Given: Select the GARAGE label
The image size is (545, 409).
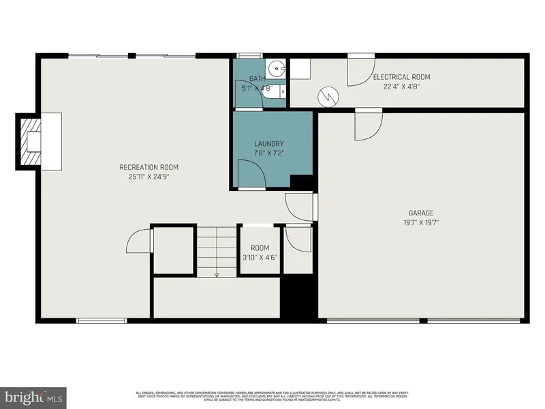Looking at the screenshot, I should [422, 213].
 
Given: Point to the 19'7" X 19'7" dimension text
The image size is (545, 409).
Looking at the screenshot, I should [422, 222].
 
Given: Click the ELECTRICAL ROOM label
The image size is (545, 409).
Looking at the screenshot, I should [401, 78].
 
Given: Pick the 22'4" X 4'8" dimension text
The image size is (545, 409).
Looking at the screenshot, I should [401, 87].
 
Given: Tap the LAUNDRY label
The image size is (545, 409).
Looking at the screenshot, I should [268, 144].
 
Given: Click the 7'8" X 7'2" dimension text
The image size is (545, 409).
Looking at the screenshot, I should [268, 153].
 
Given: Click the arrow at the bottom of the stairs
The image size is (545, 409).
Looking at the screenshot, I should [217, 274].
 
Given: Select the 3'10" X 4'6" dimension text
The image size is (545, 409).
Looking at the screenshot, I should [260, 258].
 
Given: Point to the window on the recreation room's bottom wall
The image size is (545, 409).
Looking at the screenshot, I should [101, 320].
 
